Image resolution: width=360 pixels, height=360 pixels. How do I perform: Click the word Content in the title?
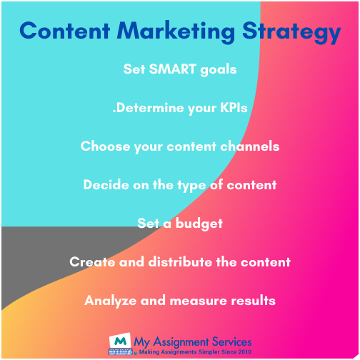65,31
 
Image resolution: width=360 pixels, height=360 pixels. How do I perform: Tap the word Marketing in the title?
176,33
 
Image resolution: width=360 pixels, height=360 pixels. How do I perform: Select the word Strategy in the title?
291,33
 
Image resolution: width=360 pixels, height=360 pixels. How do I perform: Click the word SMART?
172,69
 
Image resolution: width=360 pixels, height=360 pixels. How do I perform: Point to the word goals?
219,70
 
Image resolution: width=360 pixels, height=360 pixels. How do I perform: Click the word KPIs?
234,108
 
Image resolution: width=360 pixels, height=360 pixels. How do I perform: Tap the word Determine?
150,108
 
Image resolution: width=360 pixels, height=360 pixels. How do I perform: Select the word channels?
250,146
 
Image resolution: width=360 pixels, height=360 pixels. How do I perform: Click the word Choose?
105,146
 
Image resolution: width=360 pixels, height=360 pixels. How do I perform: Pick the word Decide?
106,185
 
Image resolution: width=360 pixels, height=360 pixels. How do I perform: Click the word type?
191,186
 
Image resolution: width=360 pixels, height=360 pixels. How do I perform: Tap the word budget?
199,224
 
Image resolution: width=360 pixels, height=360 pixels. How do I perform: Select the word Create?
92,262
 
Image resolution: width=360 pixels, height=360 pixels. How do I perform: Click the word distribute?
180,262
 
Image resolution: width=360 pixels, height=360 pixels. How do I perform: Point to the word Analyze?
111,301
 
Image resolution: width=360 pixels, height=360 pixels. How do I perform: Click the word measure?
199,301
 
